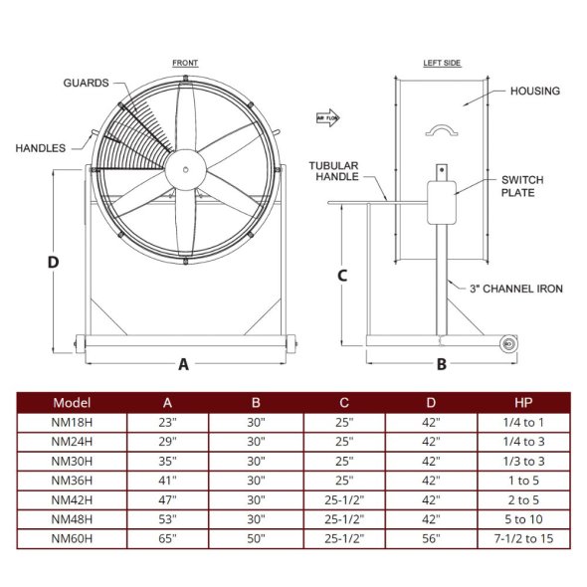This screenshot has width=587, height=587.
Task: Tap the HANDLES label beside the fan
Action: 41,148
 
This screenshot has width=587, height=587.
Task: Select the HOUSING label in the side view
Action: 534,91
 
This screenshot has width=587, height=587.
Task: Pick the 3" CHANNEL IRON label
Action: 516,289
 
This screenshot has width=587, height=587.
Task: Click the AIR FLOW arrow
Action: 328,115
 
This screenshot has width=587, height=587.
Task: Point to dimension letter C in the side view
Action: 341,276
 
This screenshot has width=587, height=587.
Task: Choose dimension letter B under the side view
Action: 442,364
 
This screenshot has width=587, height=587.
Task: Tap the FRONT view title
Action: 185,63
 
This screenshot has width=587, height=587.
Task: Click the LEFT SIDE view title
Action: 442,63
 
